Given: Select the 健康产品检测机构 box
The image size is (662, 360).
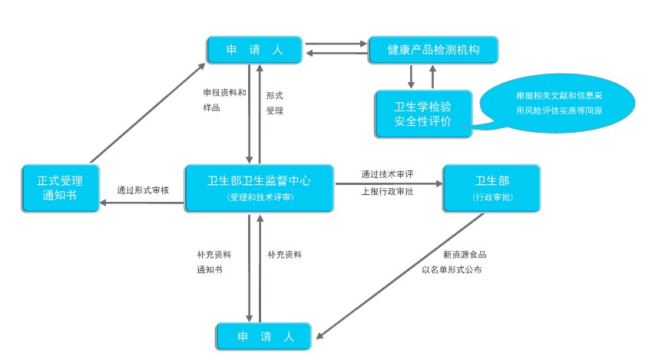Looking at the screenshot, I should (x=433, y=50).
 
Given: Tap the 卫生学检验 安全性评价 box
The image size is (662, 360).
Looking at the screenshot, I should (x=422, y=114).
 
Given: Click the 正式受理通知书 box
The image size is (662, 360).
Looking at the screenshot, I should (x=60, y=188).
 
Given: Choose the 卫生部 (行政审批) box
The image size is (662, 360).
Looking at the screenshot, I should (x=492, y=188).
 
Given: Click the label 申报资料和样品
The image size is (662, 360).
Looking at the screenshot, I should (x=224, y=100).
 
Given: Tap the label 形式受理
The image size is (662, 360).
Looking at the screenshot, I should (x=275, y=103).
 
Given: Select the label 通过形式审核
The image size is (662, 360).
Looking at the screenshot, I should (x=143, y=190).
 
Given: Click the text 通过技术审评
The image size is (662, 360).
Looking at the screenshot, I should (x=387, y=174).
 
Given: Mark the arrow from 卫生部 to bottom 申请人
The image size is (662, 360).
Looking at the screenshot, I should (x=399, y=275).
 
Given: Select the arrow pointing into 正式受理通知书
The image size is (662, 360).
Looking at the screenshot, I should (x=142, y=203).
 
